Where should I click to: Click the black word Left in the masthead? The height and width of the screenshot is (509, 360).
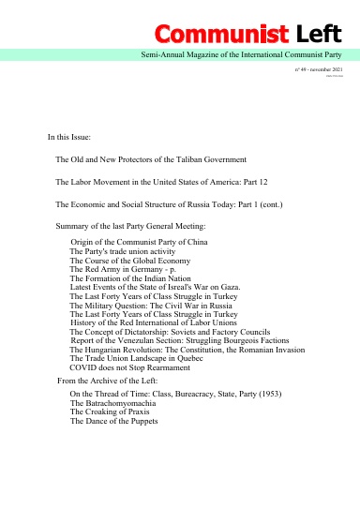coord(319,37)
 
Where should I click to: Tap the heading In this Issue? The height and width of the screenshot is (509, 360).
coord(75,137)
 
